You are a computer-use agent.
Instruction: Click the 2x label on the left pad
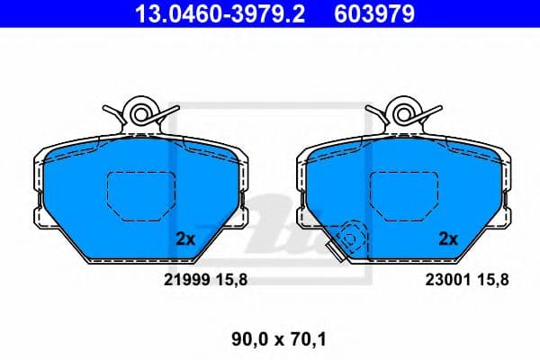click(185, 239)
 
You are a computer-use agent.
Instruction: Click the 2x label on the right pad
click(447, 239)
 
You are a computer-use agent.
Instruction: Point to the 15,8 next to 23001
click(492, 280)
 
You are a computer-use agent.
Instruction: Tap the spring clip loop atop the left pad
click(140, 113)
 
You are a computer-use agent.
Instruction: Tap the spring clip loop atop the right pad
click(402, 113)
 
